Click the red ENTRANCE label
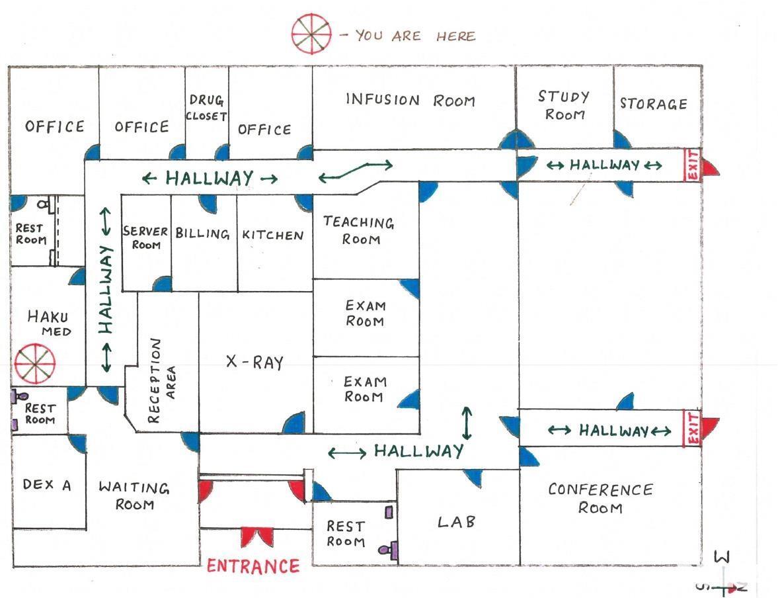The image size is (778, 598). (253, 566)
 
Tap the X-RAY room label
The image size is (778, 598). (254, 362)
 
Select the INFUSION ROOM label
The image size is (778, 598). (410, 101)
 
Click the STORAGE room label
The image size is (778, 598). (654, 104)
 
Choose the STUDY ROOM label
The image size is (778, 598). (564, 105)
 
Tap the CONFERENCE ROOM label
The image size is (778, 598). (600, 498)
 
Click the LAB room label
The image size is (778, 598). (457, 522)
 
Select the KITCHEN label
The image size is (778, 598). (273, 235)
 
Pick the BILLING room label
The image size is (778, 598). (203, 234)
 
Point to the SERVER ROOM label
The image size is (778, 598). (146, 238)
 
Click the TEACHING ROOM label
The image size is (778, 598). (359, 230)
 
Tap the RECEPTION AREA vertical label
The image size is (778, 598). (163, 380)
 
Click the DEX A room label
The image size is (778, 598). (46, 485)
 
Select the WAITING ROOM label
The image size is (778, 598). (134, 496)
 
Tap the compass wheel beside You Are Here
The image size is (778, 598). (311, 34)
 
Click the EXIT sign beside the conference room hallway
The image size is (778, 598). (693, 428)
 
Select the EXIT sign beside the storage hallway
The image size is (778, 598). (692, 165)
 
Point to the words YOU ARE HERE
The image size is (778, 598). (415, 36)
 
